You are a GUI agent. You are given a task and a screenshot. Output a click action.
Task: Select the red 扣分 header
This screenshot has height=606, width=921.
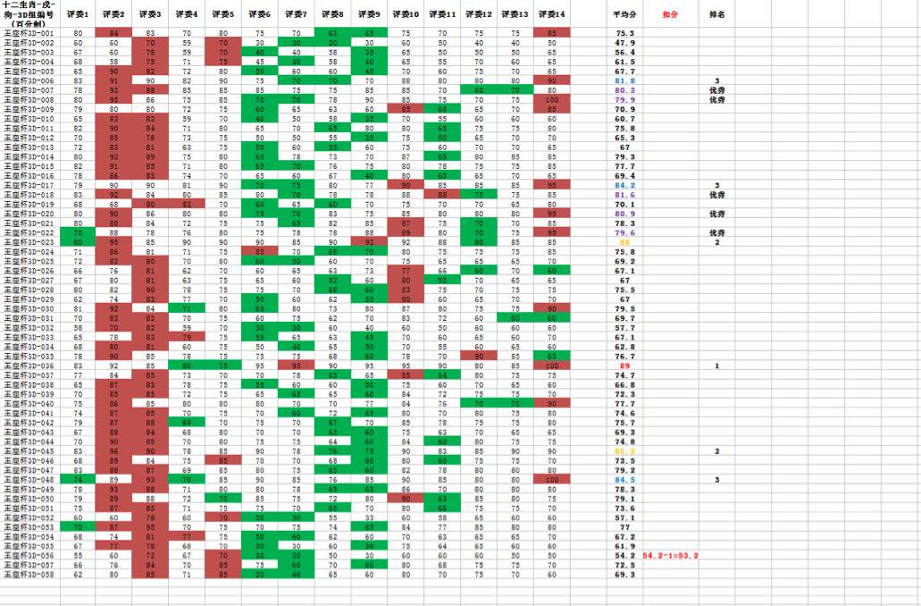[x=670, y=15]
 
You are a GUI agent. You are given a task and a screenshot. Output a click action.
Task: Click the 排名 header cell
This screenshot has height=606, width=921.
[x=716, y=15]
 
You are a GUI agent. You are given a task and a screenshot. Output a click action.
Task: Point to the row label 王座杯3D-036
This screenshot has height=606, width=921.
[x=29, y=366]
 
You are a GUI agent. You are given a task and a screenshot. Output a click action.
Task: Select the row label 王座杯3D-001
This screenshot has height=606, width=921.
[x=29, y=33]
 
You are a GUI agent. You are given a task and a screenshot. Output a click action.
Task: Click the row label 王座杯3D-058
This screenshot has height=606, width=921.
[x=29, y=574]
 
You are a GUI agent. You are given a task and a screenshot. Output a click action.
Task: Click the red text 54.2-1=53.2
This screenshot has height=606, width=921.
[x=670, y=555]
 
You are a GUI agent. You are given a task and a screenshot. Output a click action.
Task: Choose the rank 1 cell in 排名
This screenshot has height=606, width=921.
[x=716, y=366]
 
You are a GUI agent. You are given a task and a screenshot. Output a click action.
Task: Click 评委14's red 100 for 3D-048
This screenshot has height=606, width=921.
[x=552, y=479]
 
